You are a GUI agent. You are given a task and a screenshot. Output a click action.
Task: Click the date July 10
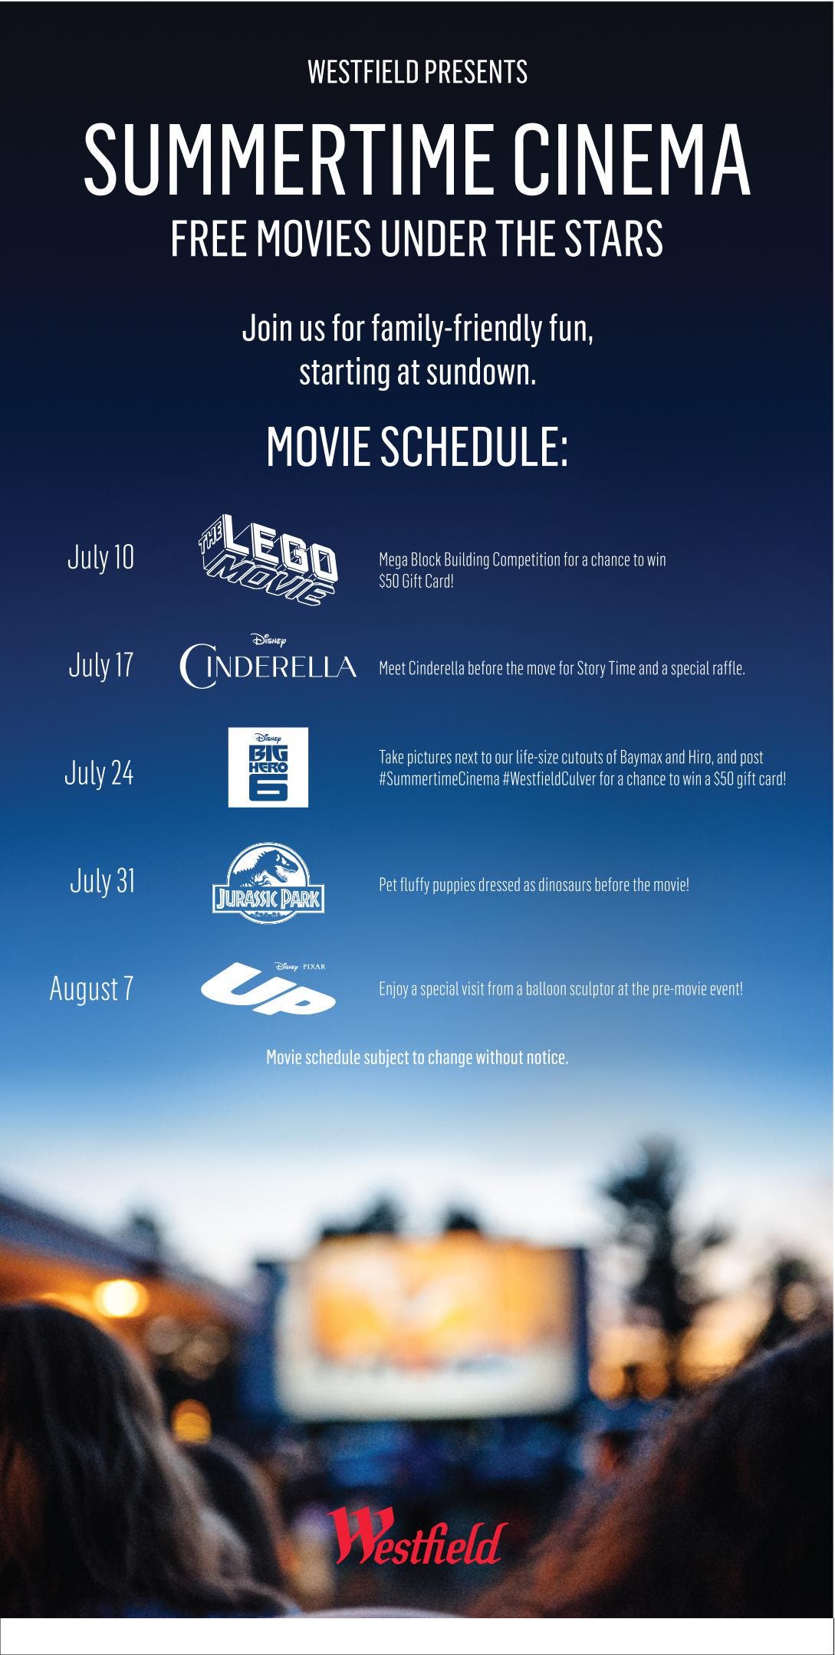tap(100, 557)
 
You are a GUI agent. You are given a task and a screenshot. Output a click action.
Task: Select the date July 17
tap(100, 664)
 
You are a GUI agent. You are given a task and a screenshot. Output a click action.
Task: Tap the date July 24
tap(99, 773)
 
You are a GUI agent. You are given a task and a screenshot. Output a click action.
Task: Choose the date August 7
tap(91, 988)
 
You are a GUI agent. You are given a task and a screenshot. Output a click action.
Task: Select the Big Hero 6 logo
tap(268, 767)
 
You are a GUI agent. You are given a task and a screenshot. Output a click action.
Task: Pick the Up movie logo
tap(268, 988)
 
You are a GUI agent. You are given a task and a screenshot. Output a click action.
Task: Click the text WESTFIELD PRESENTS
tap(417, 72)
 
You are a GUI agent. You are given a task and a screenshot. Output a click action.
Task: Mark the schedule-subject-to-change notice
tap(417, 1057)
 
